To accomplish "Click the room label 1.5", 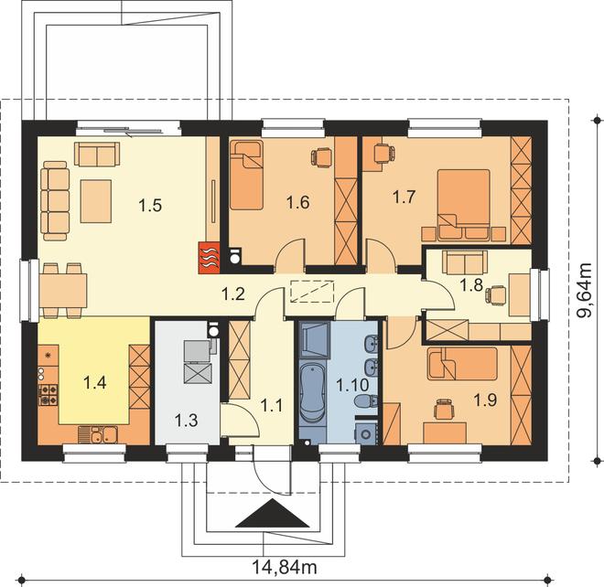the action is pos(150,205).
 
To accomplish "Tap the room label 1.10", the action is pos(352,385).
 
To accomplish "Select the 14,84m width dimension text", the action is pos(285,567).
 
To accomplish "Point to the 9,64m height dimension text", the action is pos(584,290).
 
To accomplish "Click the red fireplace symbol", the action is pos(210,258).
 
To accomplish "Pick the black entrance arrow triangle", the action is pos(273,513).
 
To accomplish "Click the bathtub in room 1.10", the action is pos(312,392).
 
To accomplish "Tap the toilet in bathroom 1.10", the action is pos(366,401).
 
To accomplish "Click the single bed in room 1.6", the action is pos(246,175).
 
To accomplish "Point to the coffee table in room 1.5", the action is pos(96,201).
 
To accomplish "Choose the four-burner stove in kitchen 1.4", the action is pos(49,395).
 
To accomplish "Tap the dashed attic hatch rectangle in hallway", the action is pos(312,291).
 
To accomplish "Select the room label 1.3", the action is pos(187,421).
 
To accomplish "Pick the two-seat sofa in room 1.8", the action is pos(465,262).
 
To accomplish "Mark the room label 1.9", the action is pos(485,400).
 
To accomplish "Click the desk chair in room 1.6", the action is pos(321,158).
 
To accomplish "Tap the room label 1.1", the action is pos(272,405).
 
